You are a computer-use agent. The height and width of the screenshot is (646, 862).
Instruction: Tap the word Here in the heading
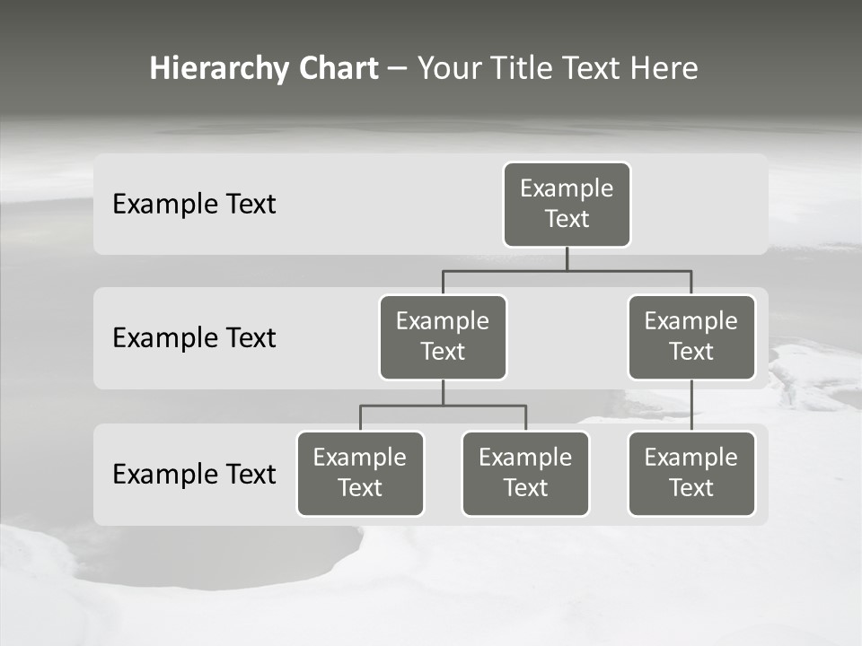(664, 69)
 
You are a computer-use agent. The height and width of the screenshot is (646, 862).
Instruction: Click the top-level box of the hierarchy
(567, 205)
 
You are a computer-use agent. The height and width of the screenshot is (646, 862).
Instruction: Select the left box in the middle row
(443, 337)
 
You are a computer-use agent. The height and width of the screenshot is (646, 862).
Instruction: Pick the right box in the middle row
(691, 337)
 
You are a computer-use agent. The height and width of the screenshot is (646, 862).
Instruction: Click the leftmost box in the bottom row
(360, 474)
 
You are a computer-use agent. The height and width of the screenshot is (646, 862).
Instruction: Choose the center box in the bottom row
(525, 474)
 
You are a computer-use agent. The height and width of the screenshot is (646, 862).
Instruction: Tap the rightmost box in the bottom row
(691, 474)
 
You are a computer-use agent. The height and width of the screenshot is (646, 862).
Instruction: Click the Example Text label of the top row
(194, 205)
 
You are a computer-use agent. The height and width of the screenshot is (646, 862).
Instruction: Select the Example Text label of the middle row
(194, 338)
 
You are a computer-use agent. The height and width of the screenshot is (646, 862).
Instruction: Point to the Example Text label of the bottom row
(194, 474)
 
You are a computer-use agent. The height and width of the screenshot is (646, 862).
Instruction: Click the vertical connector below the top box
(567, 258)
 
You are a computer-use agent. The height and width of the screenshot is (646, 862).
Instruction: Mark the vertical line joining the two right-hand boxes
(691, 406)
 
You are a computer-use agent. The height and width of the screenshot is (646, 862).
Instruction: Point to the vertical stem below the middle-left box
(443, 392)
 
